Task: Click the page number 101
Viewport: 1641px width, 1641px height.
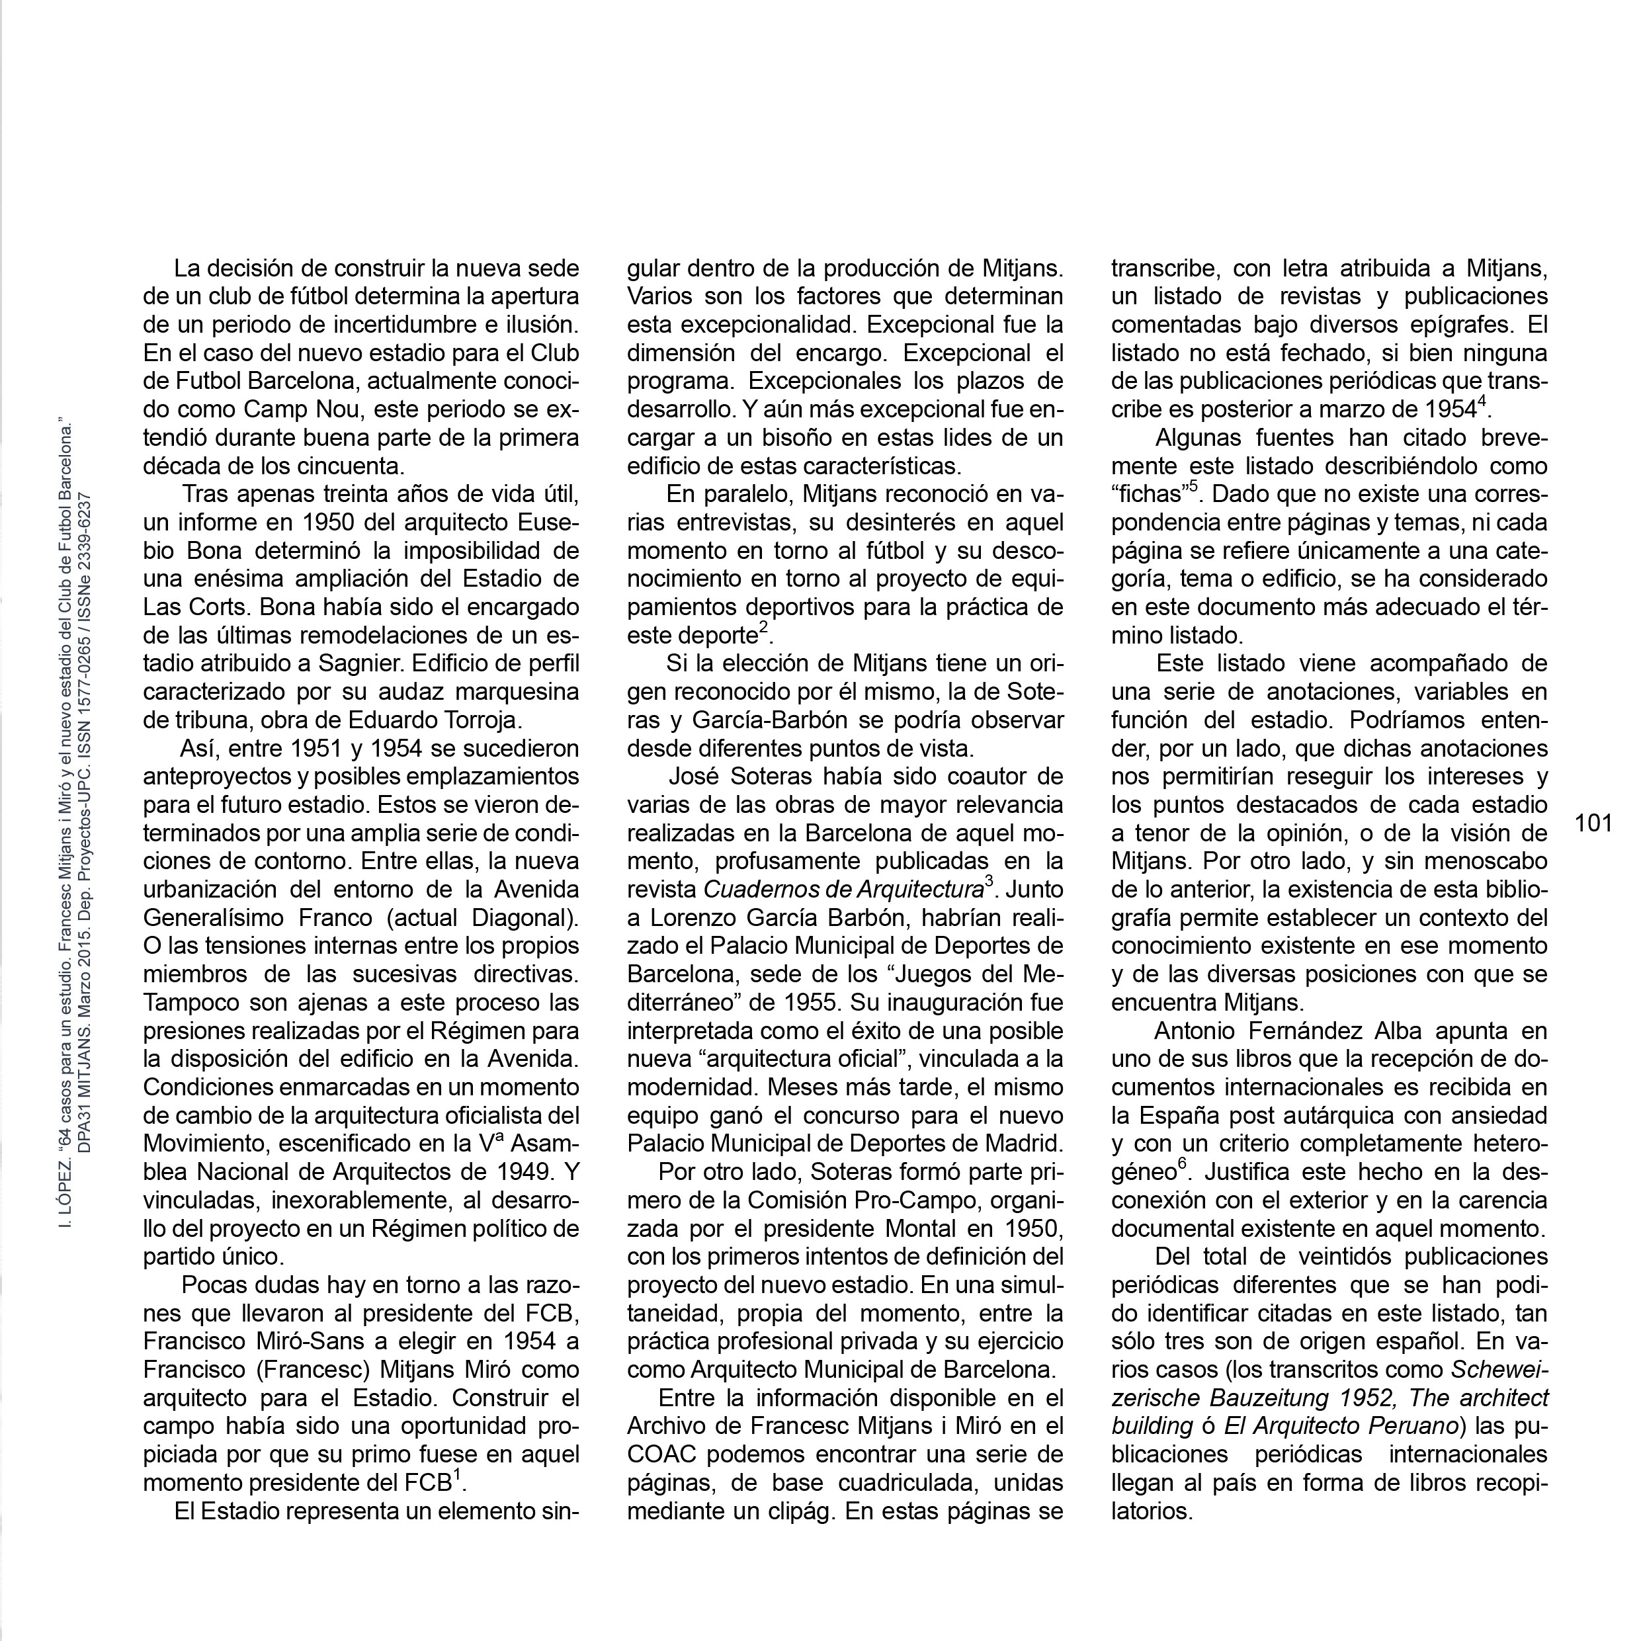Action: coord(1593,823)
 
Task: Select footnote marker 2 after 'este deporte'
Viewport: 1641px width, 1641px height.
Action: coord(763,627)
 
